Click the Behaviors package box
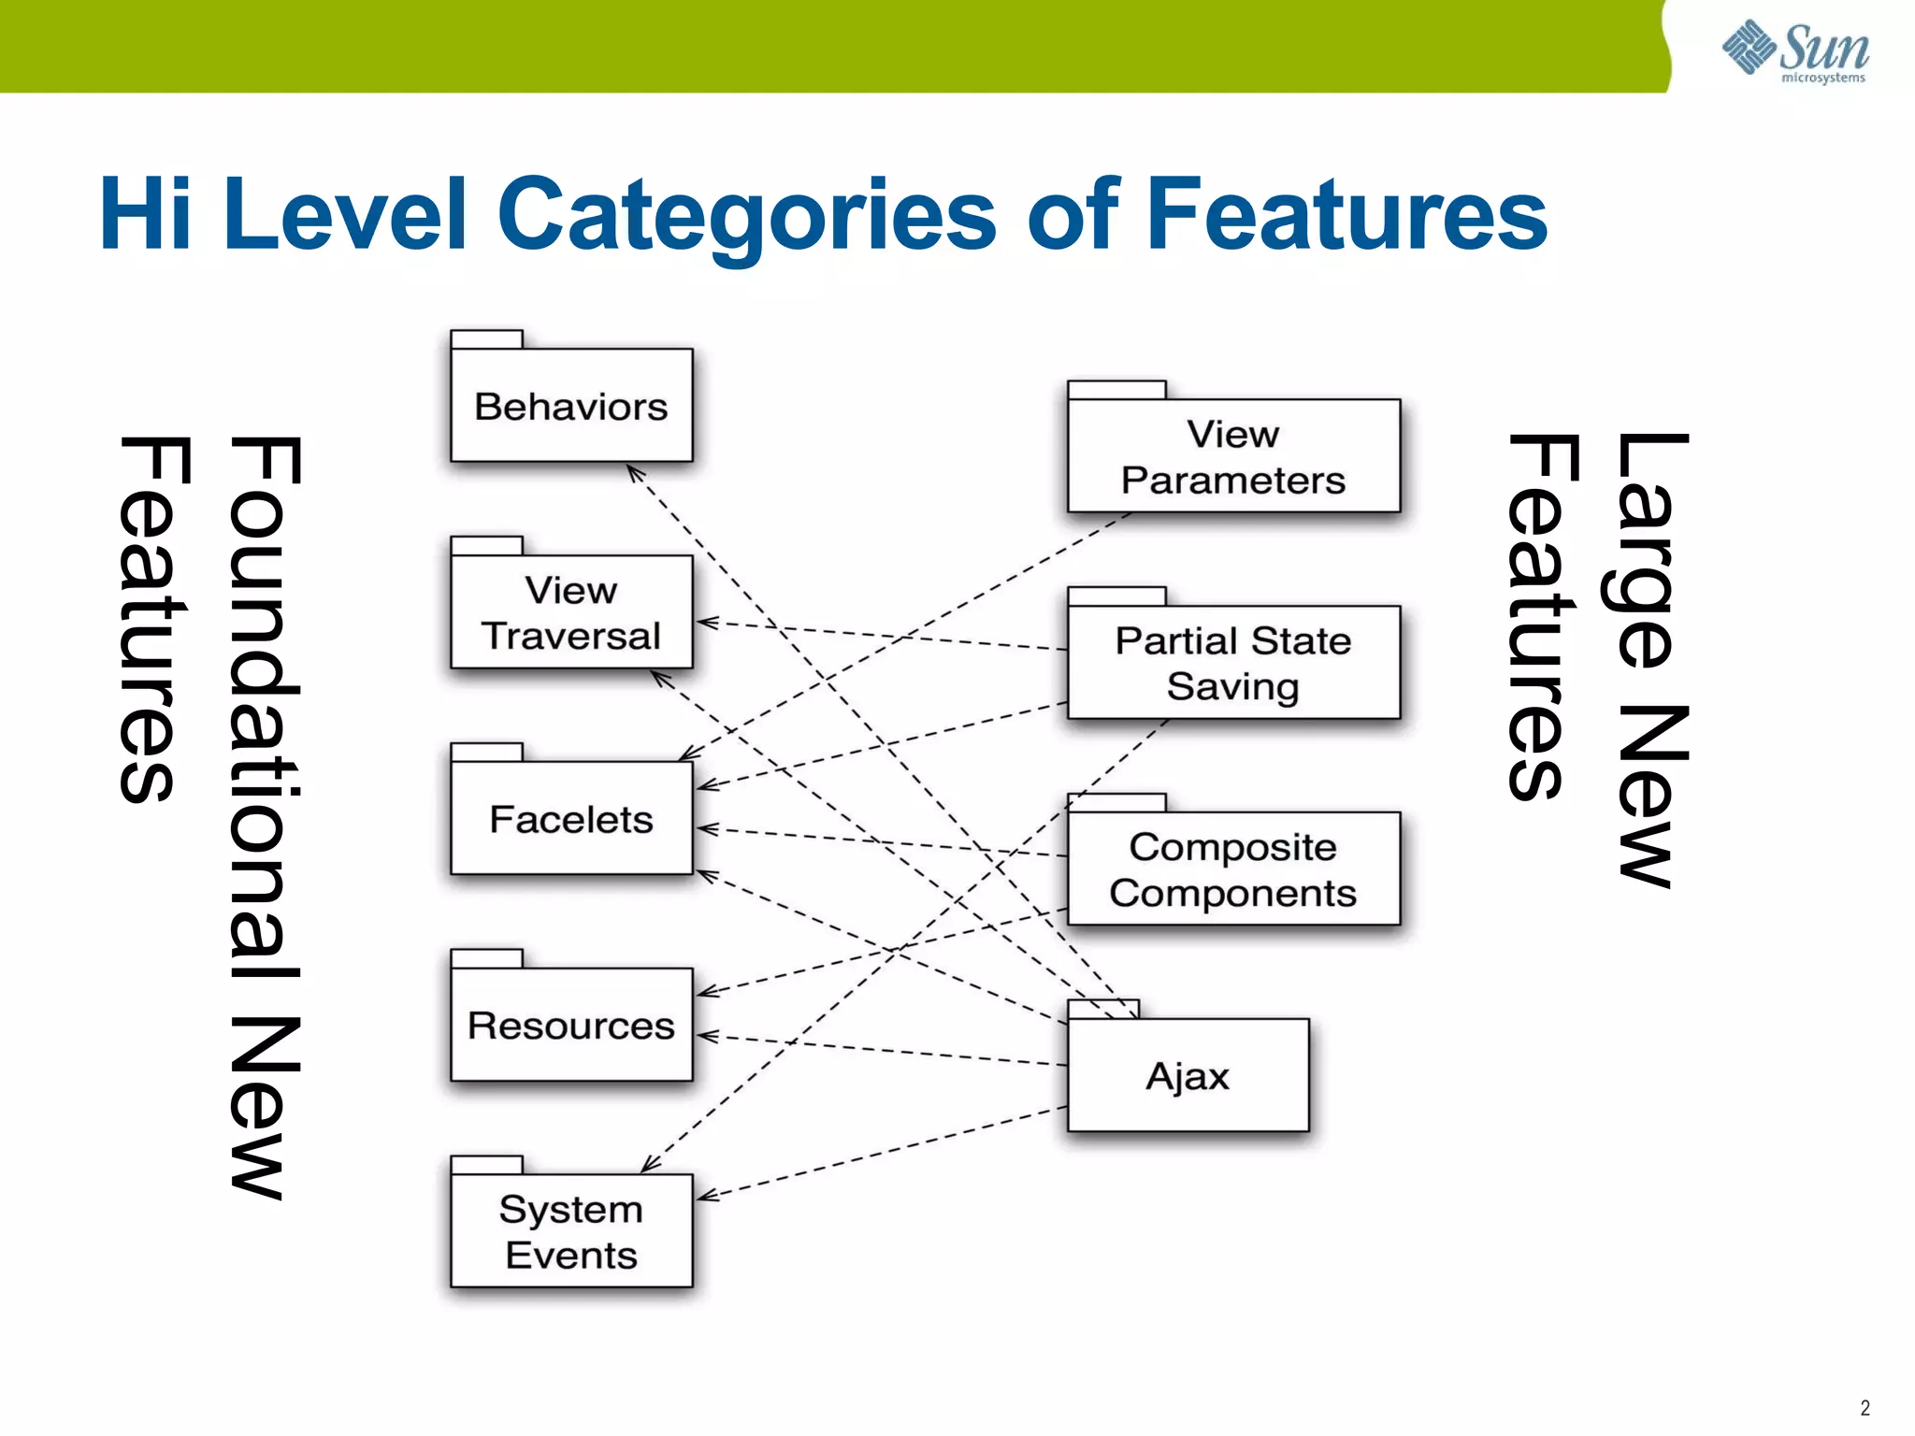571,406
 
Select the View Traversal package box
571,612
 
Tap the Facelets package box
571,819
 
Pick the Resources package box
571,1025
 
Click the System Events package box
571,1231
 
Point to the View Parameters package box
1233,456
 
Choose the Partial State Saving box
1233,663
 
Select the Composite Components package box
1233,869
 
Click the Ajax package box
1188,1075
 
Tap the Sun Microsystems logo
1795,50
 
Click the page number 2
1865,1408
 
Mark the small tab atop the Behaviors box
486,338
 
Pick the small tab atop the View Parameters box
1116,389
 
